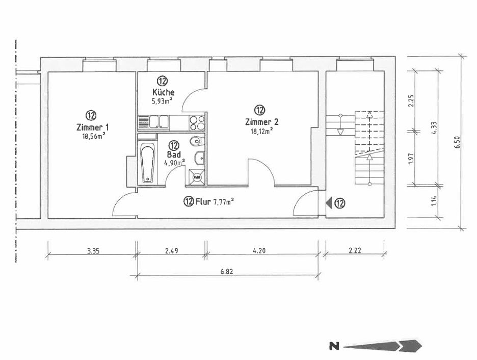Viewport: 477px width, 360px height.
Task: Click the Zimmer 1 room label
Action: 92,127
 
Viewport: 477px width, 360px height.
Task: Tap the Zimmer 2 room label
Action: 261,122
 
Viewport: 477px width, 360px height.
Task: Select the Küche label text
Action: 163,92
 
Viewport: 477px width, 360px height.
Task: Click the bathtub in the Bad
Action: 148,164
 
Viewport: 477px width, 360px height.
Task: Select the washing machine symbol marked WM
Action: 197,177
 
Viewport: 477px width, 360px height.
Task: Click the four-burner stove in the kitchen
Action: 197,122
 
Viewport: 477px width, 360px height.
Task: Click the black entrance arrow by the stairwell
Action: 329,203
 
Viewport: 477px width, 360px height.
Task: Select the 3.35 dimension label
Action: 92,251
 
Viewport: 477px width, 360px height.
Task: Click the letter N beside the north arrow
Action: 334,347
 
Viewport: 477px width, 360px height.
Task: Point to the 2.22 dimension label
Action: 355,251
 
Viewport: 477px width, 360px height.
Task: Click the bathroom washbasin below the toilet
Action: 198,158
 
